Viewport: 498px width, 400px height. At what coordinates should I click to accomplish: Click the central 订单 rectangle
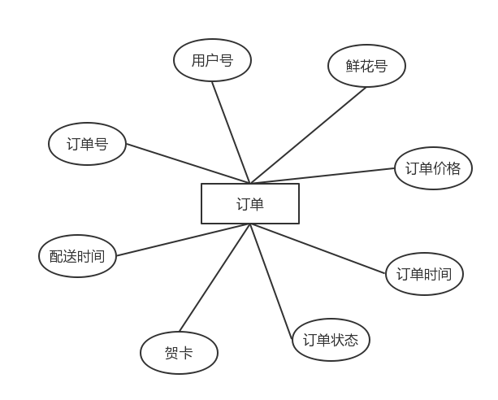[250, 203]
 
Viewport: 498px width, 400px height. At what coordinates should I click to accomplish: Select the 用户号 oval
[212, 61]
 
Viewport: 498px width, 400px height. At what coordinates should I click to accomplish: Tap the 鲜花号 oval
[366, 66]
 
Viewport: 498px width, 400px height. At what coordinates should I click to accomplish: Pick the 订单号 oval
[87, 145]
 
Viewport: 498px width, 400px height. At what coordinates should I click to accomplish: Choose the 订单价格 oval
[433, 168]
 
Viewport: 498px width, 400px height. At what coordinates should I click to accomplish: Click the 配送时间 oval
[77, 256]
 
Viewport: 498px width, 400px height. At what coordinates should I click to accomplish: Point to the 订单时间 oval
[423, 274]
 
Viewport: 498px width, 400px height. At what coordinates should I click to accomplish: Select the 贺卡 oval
[179, 354]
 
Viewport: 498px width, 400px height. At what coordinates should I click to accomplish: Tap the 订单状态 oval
[331, 339]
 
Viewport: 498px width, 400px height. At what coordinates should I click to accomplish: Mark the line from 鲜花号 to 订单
[309, 135]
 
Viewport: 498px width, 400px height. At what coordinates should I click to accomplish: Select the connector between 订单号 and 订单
[187, 163]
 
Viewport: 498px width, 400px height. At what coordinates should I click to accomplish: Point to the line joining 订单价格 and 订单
[325, 175]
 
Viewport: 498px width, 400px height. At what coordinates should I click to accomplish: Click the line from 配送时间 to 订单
[183, 240]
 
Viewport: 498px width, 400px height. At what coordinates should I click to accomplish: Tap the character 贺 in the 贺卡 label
[171, 354]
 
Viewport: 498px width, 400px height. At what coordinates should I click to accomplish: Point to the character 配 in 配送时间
[56, 256]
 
